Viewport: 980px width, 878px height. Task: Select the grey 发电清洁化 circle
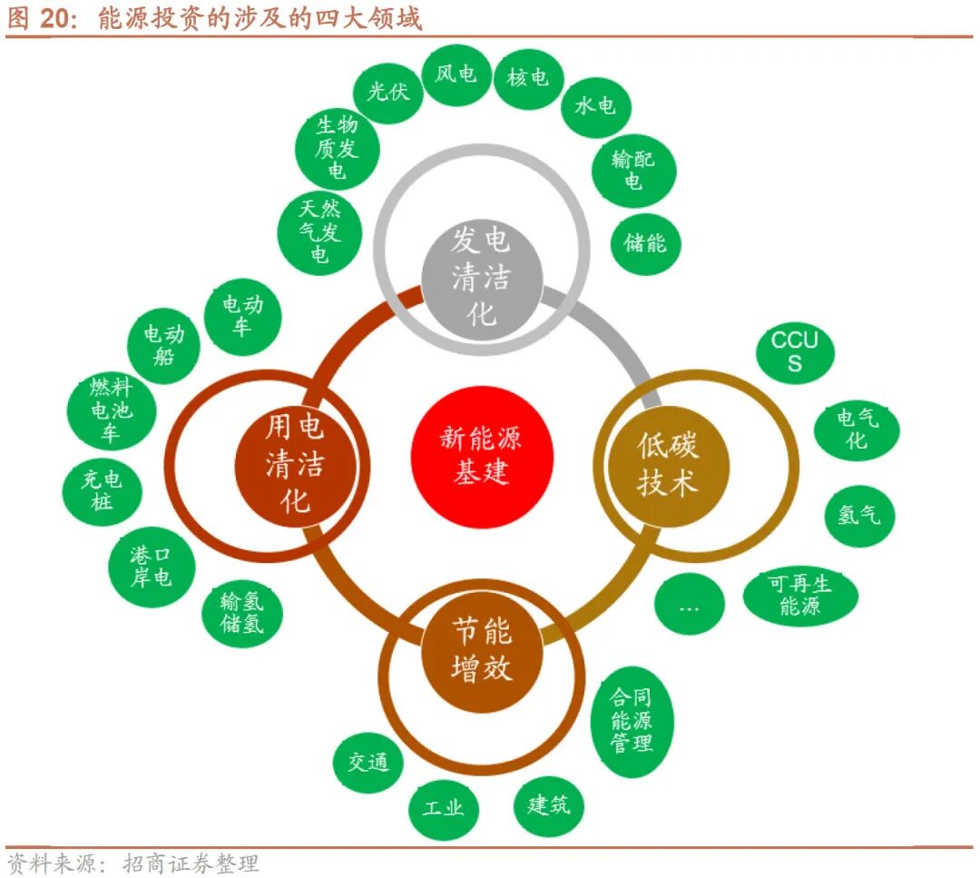point(482,275)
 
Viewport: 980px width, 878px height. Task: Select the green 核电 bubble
point(528,77)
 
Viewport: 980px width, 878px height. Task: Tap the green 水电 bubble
point(595,106)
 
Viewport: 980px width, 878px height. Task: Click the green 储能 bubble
point(645,242)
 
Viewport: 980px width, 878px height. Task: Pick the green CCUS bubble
point(794,352)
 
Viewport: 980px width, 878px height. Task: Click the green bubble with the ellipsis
point(689,606)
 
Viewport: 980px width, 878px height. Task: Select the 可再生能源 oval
point(799,596)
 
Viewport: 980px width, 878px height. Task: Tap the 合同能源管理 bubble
point(632,722)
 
